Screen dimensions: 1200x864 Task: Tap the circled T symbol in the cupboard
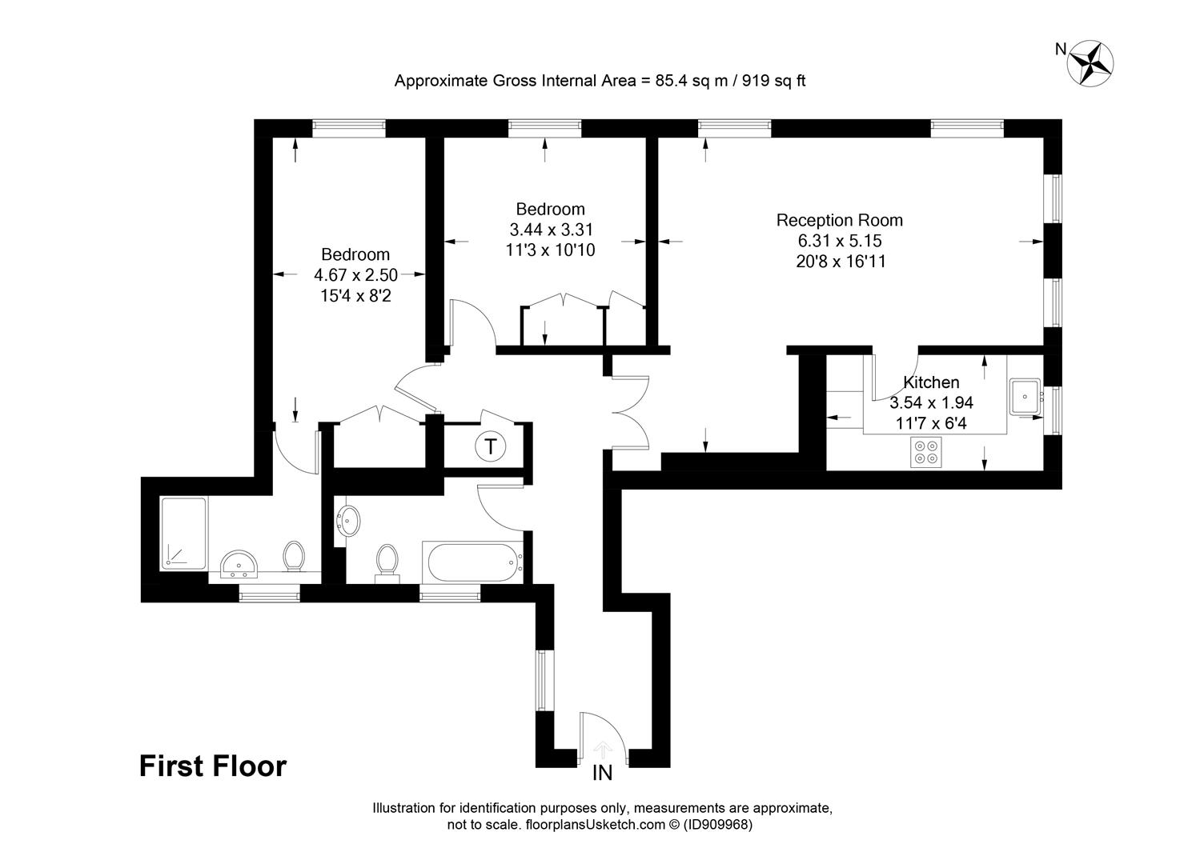pyautogui.click(x=491, y=446)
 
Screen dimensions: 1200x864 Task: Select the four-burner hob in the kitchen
pyautogui.click(x=926, y=452)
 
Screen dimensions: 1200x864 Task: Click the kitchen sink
pyautogui.click(x=1025, y=397)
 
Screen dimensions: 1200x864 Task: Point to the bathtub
pyautogui.click(x=472, y=562)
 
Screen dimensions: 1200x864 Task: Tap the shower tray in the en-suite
pyautogui.click(x=183, y=534)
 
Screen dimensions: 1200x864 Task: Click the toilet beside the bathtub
pyautogui.click(x=387, y=563)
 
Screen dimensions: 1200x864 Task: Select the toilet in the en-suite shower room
pyautogui.click(x=294, y=556)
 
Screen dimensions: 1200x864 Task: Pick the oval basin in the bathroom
pyautogui.click(x=349, y=520)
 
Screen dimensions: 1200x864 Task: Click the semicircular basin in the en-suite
pyautogui.click(x=239, y=564)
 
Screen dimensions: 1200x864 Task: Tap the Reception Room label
pyautogui.click(x=840, y=220)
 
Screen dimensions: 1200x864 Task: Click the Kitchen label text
pyautogui.click(x=931, y=382)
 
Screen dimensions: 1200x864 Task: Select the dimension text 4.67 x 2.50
pyautogui.click(x=355, y=275)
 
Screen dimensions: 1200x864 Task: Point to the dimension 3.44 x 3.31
pyautogui.click(x=552, y=230)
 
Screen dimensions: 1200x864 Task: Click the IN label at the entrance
pyautogui.click(x=603, y=773)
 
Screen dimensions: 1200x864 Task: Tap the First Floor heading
pyautogui.click(x=213, y=766)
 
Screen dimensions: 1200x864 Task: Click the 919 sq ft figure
pyautogui.click(x=773, y=81)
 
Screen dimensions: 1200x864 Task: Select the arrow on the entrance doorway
pyautogui.click(x=603, y=750)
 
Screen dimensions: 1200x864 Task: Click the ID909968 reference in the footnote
pyautogui.click(x=718, y=824)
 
